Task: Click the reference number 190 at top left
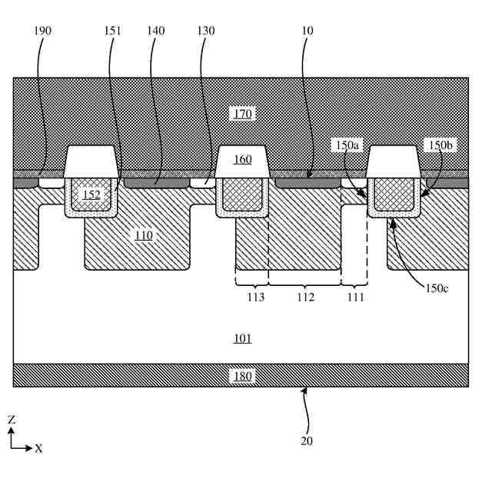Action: [x=44, y=31]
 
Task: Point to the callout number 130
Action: [x=205, y=31]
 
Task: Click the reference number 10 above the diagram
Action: [x=308, y=31]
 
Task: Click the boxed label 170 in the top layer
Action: [x=242, y=114]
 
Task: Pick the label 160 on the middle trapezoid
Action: [x=242, y=160]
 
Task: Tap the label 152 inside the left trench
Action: [x=91, y=195]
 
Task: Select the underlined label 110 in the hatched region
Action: [x=144, y=235]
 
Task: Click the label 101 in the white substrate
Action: [x=242, y=339]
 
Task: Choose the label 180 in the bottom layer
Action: [x=242, y=377]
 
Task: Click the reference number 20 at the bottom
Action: [x=307, y=441]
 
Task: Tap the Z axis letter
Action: [x=12, y=420]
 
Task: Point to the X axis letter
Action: [x=38, y=448]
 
